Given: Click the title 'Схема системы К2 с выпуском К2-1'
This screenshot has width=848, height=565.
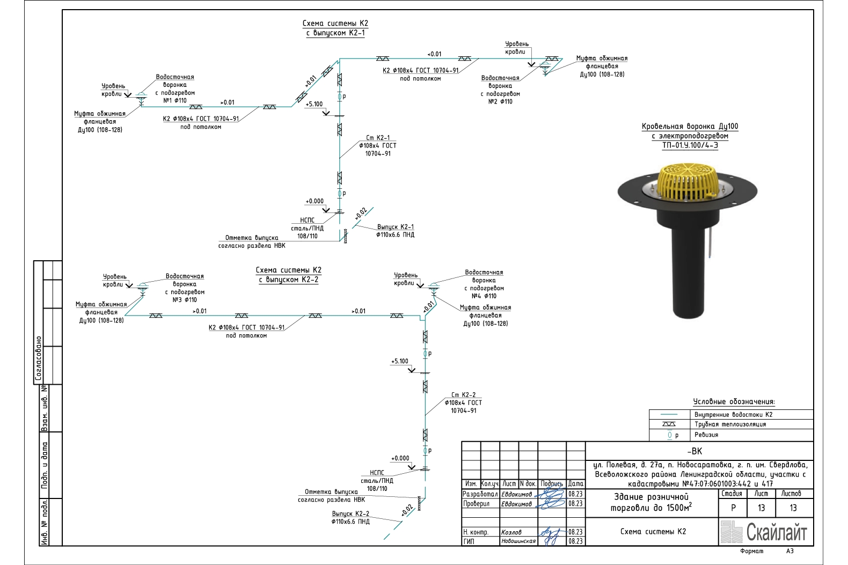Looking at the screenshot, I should [335, 28].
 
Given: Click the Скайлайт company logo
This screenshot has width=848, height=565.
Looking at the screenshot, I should [763, 532].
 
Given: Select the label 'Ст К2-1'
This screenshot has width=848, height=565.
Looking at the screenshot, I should [378, 138].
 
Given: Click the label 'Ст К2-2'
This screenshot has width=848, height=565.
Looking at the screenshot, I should [463, 395].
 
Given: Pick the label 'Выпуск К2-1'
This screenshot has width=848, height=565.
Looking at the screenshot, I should [395, 227].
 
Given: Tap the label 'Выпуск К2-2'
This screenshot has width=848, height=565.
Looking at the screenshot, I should [350, 513].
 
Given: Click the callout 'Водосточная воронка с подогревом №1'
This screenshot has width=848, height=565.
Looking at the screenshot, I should [175, 89].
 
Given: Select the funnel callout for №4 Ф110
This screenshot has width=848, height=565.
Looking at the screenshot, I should [484, 284].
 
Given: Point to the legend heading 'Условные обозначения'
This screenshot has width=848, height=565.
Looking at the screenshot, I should [734, 402].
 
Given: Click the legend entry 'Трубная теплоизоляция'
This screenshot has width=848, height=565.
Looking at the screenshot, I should [730, 424].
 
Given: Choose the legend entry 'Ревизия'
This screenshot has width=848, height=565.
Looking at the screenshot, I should [706, 435].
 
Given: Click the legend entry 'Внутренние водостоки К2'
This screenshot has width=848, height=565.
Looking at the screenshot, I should [733, 415].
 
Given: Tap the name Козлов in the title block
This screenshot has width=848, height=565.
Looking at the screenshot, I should [511, 532].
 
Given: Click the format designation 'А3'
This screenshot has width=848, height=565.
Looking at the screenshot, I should [789, 551].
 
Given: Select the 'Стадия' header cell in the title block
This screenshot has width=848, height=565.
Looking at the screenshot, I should [732, 494].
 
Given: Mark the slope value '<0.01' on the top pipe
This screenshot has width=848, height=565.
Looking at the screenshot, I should [434, 54].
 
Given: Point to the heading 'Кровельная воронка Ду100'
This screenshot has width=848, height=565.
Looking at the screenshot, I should [690, 127].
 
